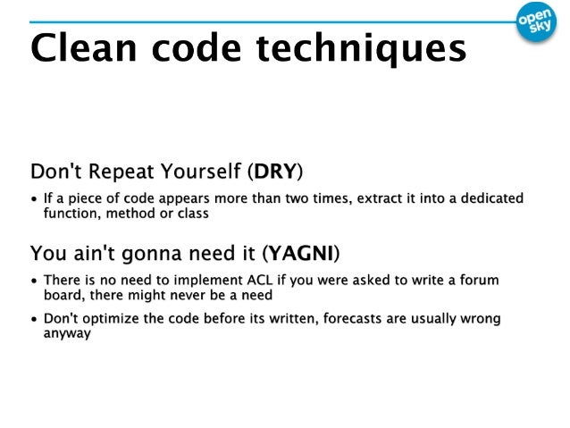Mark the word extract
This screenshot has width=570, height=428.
(x=381, y=197)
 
